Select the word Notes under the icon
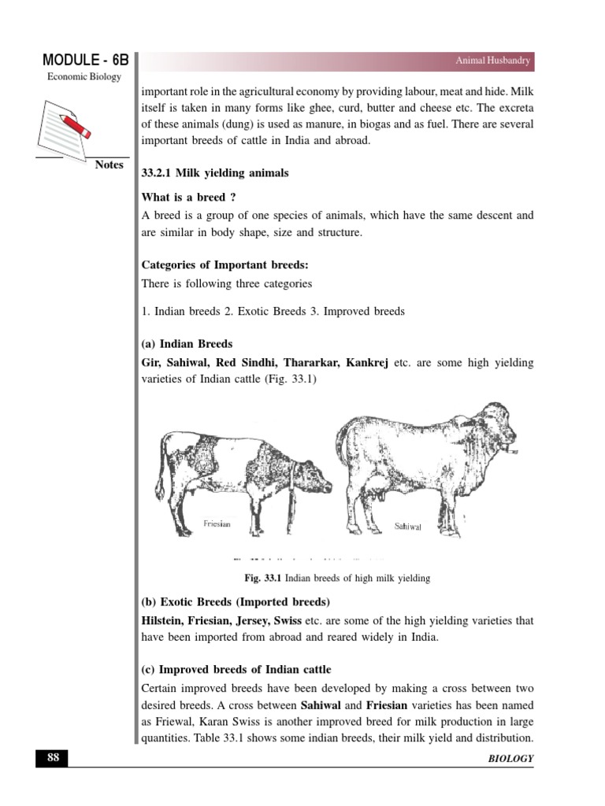click(109, 165)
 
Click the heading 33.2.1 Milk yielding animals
click(214, 173)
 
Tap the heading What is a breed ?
click(188, 197)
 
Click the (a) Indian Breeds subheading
click(187, 344)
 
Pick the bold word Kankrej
click(362, 362)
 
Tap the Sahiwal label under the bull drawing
click(409, 526)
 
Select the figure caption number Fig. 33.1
click(262, 579)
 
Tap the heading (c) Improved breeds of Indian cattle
click(236, 670)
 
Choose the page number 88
click(52, 758)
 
